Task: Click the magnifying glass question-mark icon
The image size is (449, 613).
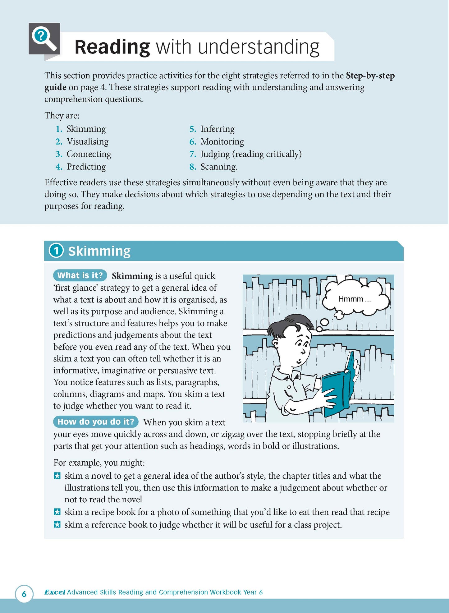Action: (x=44, y=39)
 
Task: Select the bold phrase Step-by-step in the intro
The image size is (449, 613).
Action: (x=370, y=76)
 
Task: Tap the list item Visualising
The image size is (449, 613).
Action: (x=88, y=142)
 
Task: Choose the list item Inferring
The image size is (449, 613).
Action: (x=218, y=129)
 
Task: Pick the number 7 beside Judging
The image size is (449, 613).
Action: (x=193, y=154)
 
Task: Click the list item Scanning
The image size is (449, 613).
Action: (x=219, y=167)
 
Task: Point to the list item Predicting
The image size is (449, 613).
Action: (x=86, y=167)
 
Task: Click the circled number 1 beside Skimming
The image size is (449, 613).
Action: (x=56, y=251)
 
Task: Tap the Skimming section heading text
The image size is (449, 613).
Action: (x=99, y=251)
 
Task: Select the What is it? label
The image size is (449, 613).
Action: (x=80, y=275)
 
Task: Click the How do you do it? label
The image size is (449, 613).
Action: (x=96, y=422)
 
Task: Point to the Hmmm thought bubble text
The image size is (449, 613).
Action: (x=354, y=299)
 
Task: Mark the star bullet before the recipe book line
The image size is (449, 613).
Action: (x=57, y=512)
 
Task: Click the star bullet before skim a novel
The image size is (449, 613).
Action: (x=57, y=476)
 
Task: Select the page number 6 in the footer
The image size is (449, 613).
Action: (x=24, y=594)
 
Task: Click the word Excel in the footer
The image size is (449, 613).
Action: (x=55, y=592)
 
